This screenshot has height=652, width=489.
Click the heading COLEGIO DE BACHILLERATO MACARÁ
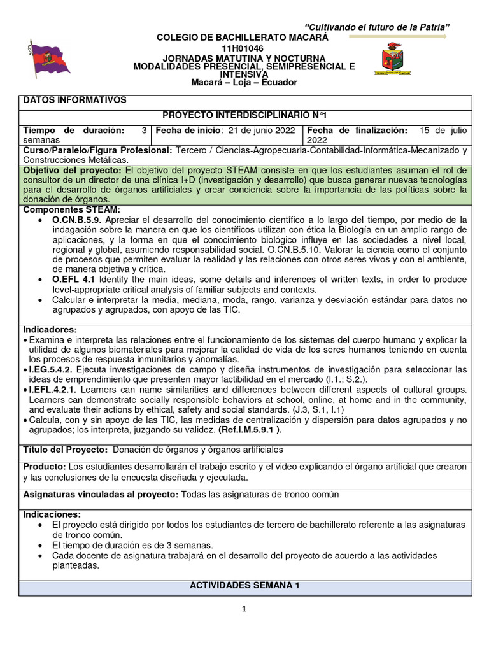tap(243, 38)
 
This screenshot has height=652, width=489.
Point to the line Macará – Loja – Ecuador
tap(244, 83)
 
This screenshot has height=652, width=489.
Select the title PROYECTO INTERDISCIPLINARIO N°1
tap(245, 115)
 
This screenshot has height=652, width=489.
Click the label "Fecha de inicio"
tap(188, 130)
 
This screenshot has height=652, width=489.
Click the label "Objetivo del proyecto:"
tap(73, 171)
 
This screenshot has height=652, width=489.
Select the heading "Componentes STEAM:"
tap(71, 209)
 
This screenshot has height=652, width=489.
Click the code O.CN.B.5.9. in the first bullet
tap(81, 220)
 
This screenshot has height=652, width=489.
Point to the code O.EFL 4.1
tap(74, 280)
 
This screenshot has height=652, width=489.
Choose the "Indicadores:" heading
tap(50, 329)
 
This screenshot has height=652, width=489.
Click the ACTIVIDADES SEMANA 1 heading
tap(245, 586)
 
